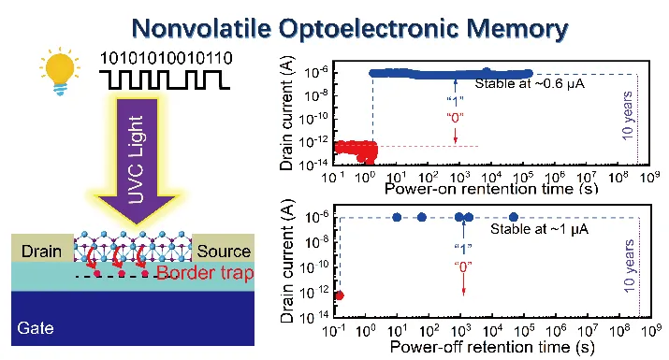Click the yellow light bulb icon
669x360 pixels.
pyautogui.click(x=60, y=71)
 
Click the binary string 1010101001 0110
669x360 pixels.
pyautogui.click(x=166, y=58)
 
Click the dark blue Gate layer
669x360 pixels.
pyautogui.click(x=133, y=318)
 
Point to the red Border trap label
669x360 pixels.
pyautogui.click(x=205, y=273)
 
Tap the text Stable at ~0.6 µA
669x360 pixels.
pyautogui.click(x=530, y=83)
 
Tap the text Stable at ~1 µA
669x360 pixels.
pyautogui.click(x=539, y=229)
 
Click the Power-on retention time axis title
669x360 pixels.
pyautogui.click(x=491, y=189)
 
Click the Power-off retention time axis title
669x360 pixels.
pyautogui.click(x=492, y=346)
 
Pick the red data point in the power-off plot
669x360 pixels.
pyautogui.click(x=340, y=295)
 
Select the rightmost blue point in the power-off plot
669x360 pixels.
pyautogui.click(x=514, y=217)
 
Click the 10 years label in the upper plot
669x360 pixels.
pyautogui.click(x=627, y=115)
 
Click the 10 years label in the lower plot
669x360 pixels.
pyautogui.click(x=629, y=266)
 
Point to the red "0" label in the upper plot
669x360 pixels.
pyautogui.click(x=455, y=117)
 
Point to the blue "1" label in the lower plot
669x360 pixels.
pyautogui.click(x=463, y=248)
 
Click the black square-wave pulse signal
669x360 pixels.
pyautogui.click(x=165, y=80)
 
